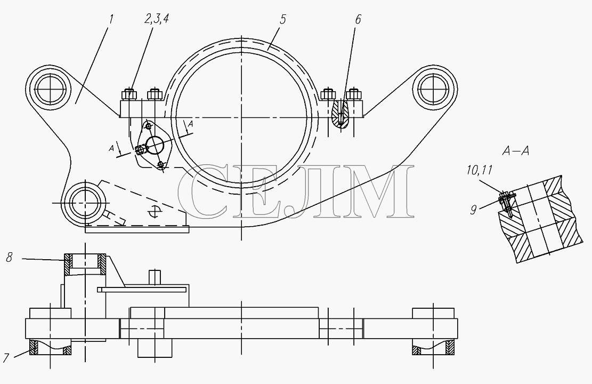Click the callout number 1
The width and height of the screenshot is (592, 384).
(111, 19)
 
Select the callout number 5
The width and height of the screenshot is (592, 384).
(283, 19)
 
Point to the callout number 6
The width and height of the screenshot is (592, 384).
(358, 19)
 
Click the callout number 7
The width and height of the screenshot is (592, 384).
(6, 357)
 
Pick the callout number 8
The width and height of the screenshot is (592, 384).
(10, 258)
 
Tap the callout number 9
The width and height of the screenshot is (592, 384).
(474, 210)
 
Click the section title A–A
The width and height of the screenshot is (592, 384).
(516, 151)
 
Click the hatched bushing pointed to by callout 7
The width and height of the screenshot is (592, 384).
(50, 347)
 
